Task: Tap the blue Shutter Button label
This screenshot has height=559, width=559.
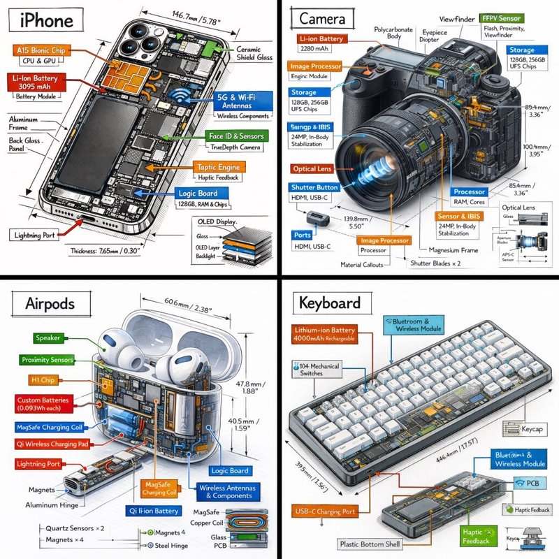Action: pyautogui.click(x=315, y=187)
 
